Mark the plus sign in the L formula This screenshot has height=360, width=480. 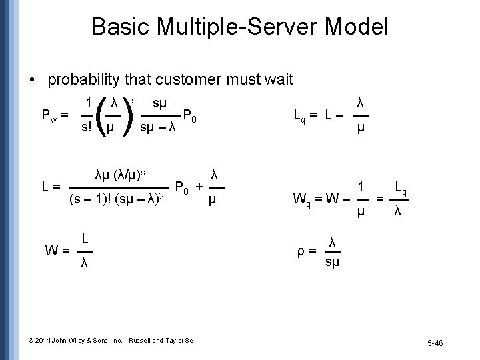pyautogui.click(x=199, y=186)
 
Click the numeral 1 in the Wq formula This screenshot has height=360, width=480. pyautogui.click(x=361, y=187)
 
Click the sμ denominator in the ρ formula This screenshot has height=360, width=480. pyautogui.click(x=331, y=264)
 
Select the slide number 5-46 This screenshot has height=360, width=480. pyautogui.click(x=436, y=342)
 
